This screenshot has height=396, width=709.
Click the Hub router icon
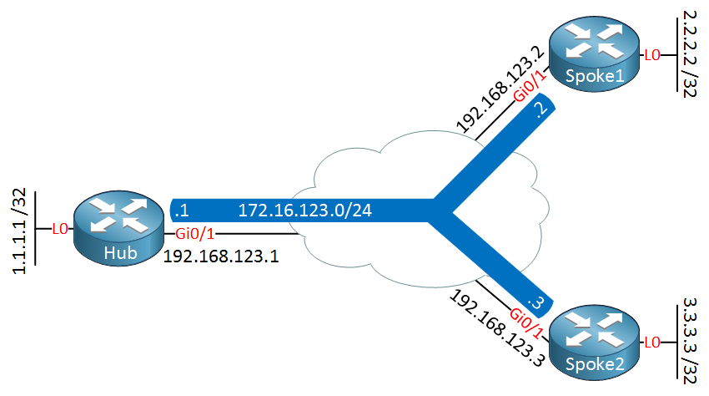(117, 228)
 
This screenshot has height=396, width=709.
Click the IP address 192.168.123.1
(220, 255)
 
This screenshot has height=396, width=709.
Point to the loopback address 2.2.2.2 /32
(689, 54)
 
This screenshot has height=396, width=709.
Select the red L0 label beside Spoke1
(651, 55)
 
